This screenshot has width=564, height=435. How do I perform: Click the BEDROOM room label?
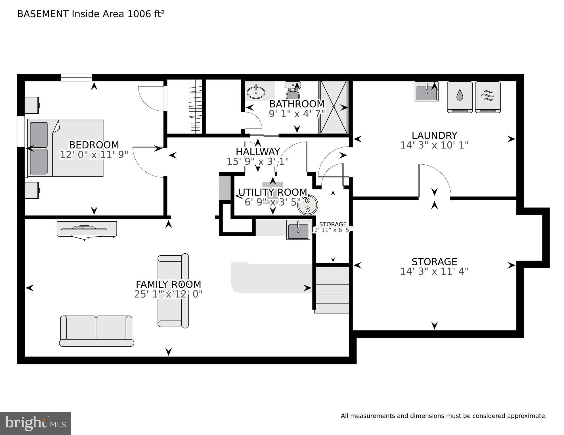click(94, 145)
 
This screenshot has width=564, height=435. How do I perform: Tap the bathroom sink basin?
click(256, 92)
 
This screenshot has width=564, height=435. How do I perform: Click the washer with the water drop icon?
click(460, 97)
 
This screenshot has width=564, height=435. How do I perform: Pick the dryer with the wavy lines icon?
click(488, 97)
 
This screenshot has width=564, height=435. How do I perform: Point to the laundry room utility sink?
click(426, 92)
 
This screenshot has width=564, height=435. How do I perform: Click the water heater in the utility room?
click(308, 205)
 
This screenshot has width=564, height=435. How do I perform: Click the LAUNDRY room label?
click(434, 135)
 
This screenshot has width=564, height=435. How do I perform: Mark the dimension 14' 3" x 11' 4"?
click(434, 271)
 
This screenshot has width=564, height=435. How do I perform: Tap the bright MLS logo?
click(35, 423)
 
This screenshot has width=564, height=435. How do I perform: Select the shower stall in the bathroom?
click(334, 107)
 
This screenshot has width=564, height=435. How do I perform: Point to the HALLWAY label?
click(258, 152)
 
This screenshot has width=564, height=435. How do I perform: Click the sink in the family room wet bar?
click(298, 230)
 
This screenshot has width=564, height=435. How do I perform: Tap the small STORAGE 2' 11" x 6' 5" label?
click(333, 227)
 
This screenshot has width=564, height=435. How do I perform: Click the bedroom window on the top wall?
click(76, 77)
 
